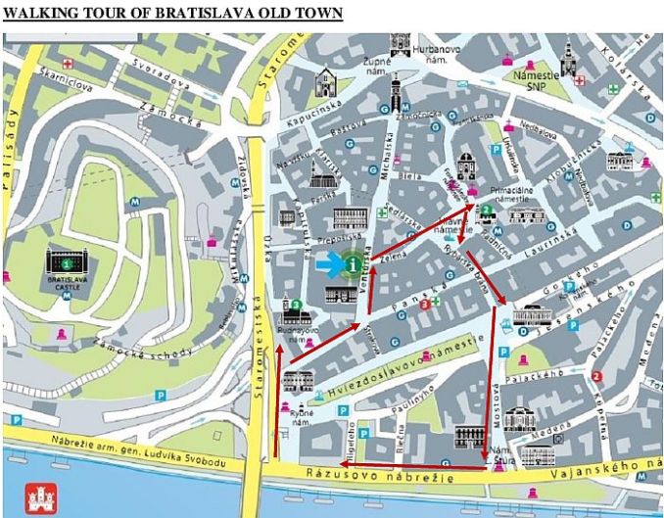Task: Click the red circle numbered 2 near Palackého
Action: (x=596, y=377)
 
